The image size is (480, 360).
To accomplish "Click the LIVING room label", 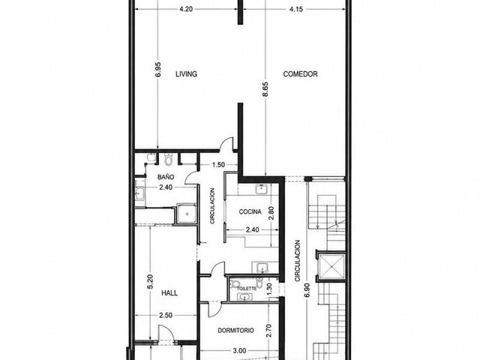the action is pos(186,74).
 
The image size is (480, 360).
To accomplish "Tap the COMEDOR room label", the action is pos(300,74).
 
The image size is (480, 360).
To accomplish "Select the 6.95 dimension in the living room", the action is pos(158,70).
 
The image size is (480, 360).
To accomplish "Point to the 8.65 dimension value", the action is pos(265,89).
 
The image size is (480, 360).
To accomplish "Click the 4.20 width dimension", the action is pos(186,9).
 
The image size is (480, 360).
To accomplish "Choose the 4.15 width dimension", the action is pos(296,9).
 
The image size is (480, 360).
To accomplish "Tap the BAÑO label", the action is pos(166,177).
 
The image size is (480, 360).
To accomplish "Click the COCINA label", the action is pos(250,211).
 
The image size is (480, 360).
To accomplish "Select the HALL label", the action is pos(169,293).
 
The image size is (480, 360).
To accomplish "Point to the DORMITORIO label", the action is pos(235,331).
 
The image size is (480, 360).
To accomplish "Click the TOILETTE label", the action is pos(247,288).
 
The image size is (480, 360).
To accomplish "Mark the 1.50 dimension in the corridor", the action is pos(218,165).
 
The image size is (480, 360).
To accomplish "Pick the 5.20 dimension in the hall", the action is pos(150,282).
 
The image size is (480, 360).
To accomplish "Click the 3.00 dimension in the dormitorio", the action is pos(239,351).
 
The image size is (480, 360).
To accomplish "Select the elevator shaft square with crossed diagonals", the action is pos(331,266).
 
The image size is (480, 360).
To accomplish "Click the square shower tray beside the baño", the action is pos(186,214).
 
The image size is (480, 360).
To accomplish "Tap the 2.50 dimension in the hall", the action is pos(166,315).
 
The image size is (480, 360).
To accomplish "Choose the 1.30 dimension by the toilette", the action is pos(269,289).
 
